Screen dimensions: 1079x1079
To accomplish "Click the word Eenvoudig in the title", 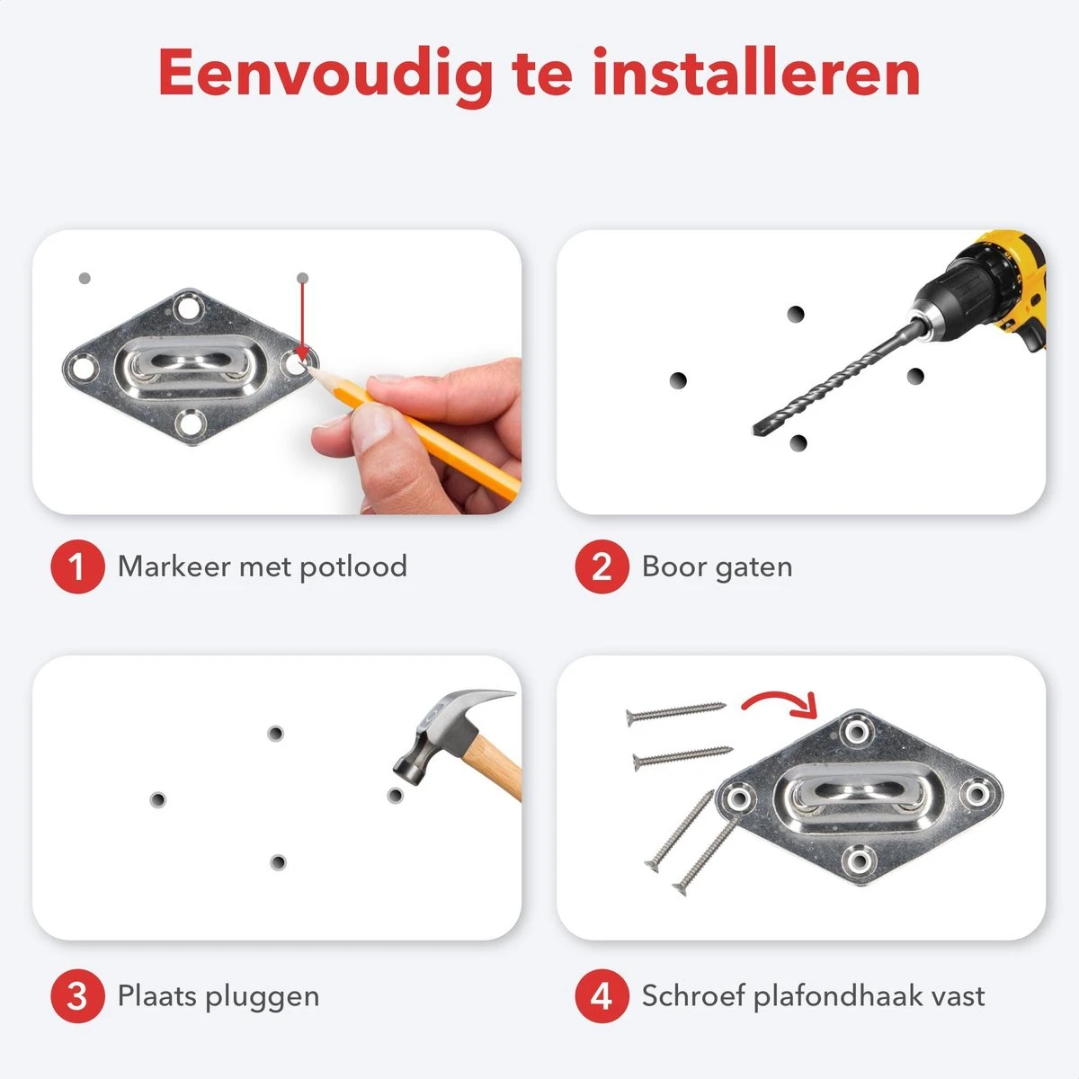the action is point(325,76).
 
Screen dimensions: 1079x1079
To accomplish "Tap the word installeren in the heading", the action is point(756,72).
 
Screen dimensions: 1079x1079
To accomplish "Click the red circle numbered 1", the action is point(78,566).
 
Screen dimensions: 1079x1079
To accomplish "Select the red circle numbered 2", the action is point(602,566).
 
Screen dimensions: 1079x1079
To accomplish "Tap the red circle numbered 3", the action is point(78,996).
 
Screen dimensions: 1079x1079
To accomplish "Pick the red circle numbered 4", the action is point(602,996).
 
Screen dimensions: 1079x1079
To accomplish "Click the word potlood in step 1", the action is point(353,567).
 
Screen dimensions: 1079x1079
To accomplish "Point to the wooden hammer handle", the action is point(494,764).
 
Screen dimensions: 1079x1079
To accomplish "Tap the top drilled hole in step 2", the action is point(796,314).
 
